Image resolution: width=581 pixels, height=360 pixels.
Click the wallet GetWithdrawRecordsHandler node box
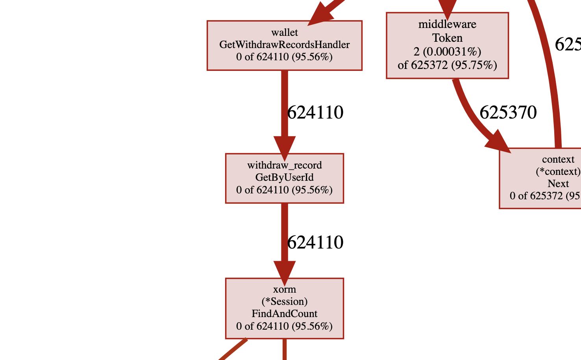pyautogui.click(x=284, y=45)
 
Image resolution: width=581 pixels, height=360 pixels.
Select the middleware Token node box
pyautogui.click(x=447, y=45)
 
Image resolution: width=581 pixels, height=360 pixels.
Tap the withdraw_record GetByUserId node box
pyautogui.click(x=284, y=178)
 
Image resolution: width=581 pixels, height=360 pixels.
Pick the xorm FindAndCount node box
pyautogui.click(x=284, y=308)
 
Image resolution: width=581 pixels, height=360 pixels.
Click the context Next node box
pyautogui.click(x=543, y=178)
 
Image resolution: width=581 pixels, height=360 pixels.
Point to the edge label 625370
pyautogui.click(x=508, y=113)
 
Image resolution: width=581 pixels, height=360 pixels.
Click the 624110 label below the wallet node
pyautogui.click(x=315, y=113)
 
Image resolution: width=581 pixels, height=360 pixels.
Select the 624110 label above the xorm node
pyautogui.click(x=315, y=242)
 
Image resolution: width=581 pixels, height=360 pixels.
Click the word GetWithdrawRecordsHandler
pyautogui.click(x=284, y=45)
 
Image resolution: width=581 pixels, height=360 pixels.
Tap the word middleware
pyautogui.click(x=447, y=24)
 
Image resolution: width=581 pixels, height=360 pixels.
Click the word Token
pyautogui.click(x=447, y=38)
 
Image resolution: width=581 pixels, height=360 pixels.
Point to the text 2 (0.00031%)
pyautogui.click(x=447, y=52)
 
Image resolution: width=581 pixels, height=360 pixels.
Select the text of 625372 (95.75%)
pyautogui.click(x=447, y=65)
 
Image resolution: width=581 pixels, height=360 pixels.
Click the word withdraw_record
pyautogui.click(x=284, y=165)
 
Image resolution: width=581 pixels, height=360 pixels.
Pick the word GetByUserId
pyautogui.click(x=284, y=177)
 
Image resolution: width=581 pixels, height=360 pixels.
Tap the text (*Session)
pyautogui.click(x=284, y=301)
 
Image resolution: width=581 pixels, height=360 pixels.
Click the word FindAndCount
pyautogui.click(x=284, y=314)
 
